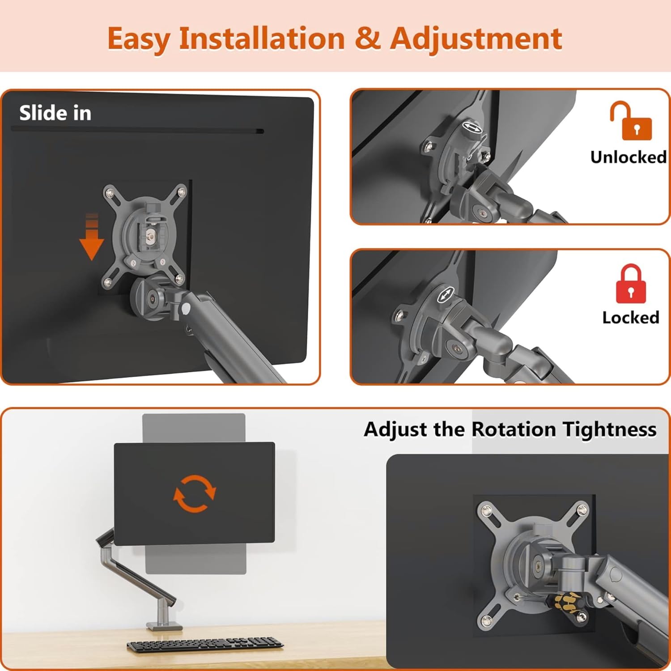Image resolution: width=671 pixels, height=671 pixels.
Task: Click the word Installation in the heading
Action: coord(262,38)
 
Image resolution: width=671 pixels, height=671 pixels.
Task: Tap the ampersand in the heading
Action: coord(367,38)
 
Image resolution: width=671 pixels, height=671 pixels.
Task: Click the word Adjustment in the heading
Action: coord(476,39)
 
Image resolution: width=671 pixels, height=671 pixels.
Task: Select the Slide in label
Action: coord(55,113)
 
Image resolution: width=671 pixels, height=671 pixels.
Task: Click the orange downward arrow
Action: coord(92,237)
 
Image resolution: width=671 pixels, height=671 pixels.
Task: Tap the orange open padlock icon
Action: coord(631,120)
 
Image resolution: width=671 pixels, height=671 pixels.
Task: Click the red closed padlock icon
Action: coord(631,284)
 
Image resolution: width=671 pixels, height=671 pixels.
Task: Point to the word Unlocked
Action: coord(629,157)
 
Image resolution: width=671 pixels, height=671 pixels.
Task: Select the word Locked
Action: coord(631,318)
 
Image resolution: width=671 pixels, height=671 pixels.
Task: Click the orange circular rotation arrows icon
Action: coord(195,493)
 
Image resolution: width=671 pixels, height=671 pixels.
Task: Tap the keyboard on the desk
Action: coord(205,644)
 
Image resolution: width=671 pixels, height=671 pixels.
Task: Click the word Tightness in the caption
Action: coord(609,429)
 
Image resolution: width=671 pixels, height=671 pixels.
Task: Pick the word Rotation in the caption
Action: coord(514,429)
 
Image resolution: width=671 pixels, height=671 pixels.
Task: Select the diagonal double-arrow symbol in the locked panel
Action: coord(445,295)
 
